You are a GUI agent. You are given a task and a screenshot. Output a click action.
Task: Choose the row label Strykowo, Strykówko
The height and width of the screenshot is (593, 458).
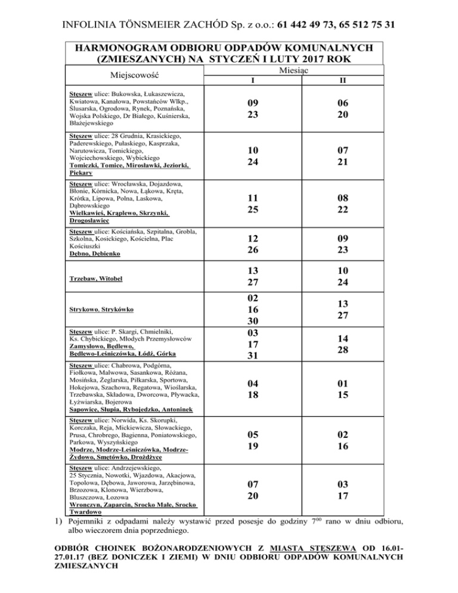point(101,310)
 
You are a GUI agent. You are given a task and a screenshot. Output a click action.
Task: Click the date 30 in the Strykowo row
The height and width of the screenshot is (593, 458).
point(252,320)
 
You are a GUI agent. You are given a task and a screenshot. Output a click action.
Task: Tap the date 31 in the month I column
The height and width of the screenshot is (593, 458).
point(252,356)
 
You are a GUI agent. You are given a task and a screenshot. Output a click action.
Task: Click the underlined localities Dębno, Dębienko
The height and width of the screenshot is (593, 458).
point(94,253)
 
